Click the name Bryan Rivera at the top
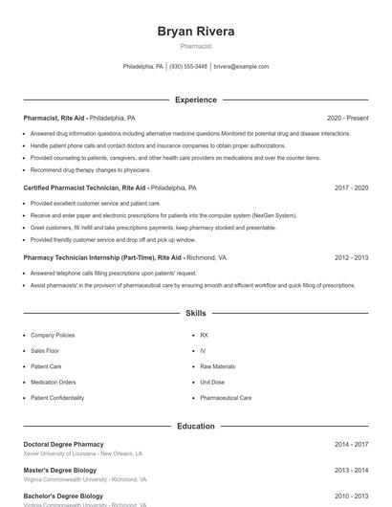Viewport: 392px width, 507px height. (195, 32)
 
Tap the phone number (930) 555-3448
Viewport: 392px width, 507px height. (188, 67)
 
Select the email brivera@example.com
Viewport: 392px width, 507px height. (241, 67)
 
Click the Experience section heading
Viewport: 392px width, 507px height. (195, 99)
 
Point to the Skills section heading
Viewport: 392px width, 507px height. (195, 314)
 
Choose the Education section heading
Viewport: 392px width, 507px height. (195, 426)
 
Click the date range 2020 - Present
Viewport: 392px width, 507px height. (347, 118)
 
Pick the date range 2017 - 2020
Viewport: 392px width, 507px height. (351, 188)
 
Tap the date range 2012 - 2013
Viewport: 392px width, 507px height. (351, 258)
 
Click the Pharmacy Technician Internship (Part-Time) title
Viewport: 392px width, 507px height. (89, 258)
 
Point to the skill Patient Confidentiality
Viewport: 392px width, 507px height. (56, 397)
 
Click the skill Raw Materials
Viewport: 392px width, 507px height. (217, 366)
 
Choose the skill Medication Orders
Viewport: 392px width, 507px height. (54, 382)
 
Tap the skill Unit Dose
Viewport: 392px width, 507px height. (212, 382)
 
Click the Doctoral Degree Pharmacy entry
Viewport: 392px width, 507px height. (63, 445)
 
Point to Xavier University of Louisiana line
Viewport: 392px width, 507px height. (83, 454)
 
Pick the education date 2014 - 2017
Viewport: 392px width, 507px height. (351, 445)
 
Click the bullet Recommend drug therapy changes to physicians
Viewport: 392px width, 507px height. (90, 169)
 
